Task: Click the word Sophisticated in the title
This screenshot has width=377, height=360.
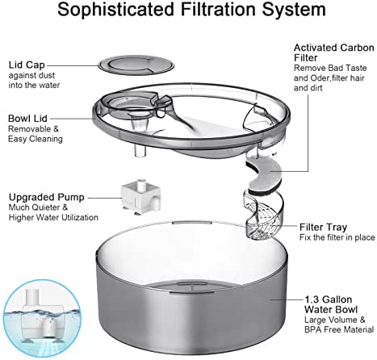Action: [116, 10]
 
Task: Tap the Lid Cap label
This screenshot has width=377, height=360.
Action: [27, 65]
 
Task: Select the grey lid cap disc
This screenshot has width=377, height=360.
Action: [136, 65]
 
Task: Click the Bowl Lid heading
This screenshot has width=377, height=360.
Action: [27, 119]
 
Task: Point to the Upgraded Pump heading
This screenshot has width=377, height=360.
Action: [47, 197]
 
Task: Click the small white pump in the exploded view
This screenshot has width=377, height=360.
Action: [140, 197]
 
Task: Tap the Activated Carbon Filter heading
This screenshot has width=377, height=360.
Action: [334, 52]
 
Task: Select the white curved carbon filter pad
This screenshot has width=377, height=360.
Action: [264, 174]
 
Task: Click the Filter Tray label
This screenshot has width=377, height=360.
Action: [323, 227]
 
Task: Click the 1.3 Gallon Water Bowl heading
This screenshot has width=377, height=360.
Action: [331, 304]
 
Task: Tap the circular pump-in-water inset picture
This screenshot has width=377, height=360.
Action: [42, 319]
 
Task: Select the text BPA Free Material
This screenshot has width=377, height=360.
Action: [339, 329]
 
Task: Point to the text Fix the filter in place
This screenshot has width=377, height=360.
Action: [337, 237]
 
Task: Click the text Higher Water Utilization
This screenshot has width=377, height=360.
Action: [53, 217]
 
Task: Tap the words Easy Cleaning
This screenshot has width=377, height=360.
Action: [36, 139]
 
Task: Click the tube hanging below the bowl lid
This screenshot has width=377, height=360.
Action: [140, 151]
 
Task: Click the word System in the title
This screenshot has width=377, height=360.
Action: [294, 10]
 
